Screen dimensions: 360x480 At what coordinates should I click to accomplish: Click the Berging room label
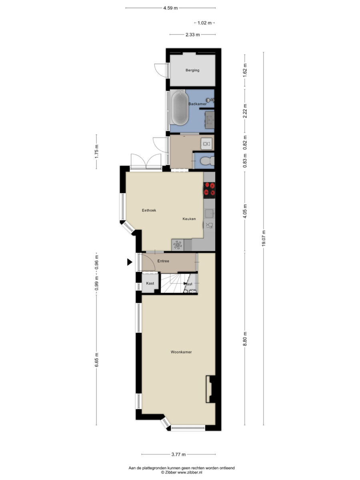[x=192, y=70]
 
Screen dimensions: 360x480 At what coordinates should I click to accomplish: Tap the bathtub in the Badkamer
[x=180, y=108]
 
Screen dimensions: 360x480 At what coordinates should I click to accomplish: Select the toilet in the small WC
[x=207, y=161]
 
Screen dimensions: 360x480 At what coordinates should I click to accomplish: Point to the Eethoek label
[x=149, y=210]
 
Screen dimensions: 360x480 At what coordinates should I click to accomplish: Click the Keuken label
[x=189, y=219]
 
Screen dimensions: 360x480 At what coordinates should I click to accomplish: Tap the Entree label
[x=163, y=261]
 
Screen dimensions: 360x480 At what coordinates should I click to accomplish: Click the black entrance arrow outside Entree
[x=130, y=262]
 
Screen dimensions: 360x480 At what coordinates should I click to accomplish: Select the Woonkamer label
[x=181, y=352]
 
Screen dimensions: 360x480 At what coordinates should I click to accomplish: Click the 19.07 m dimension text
[x=264, y=238]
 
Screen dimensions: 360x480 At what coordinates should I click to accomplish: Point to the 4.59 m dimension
[x=170, y=8]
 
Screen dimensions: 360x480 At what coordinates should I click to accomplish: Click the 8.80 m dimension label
[x=245, y=339]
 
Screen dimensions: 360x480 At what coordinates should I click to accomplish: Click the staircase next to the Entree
[x=173, y=283]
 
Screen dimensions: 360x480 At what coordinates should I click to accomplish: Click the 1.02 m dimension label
[x=204, y=23]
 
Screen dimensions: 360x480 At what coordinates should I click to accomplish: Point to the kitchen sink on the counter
[x=210, y=213]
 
